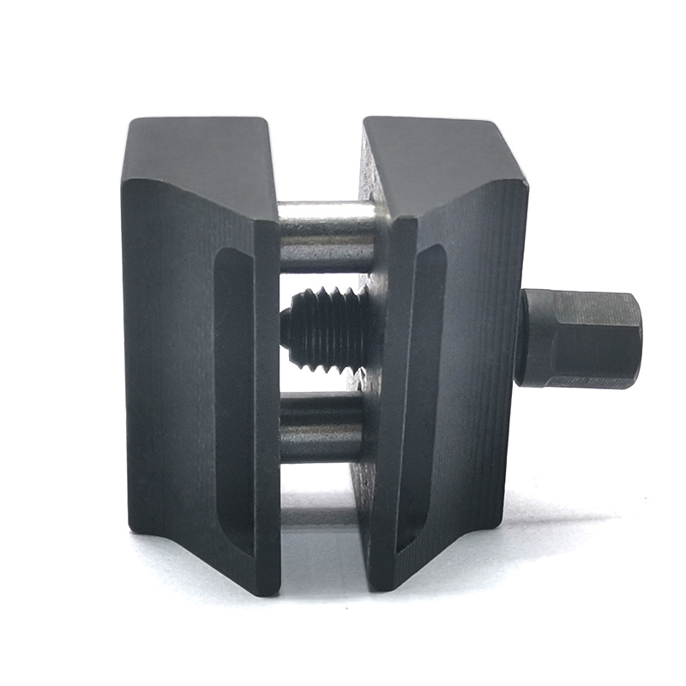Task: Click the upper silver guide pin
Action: [x=326, y=236]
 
